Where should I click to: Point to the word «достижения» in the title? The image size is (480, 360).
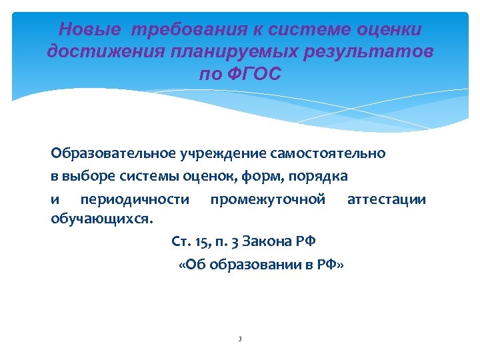(x=97, y=51)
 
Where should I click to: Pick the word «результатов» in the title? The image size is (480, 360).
(x=377, y=51)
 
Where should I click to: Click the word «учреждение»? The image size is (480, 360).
(x=214, y=153)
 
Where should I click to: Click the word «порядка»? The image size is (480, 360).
(x=323, y=177)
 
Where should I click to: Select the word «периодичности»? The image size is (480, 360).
(x=134, y=199)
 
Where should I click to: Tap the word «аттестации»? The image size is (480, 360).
(x=387, y=199)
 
